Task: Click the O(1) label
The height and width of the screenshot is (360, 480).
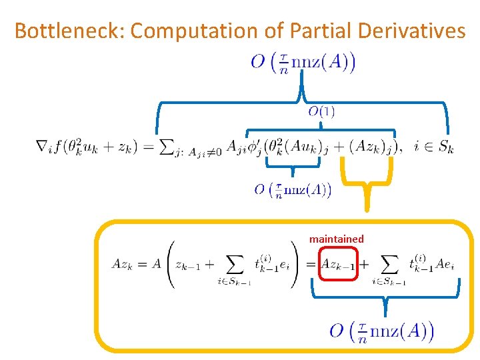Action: [x=321, y=111]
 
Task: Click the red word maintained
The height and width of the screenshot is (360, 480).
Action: [x=336, y=239]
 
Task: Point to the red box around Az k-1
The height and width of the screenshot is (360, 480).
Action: [x=339, y=263]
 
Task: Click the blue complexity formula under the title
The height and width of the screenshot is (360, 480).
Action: [x=303, y=63]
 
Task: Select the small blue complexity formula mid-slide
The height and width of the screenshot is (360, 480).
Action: [x=293, y=191]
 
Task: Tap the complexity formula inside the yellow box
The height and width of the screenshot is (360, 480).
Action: [x=382, y=331]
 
